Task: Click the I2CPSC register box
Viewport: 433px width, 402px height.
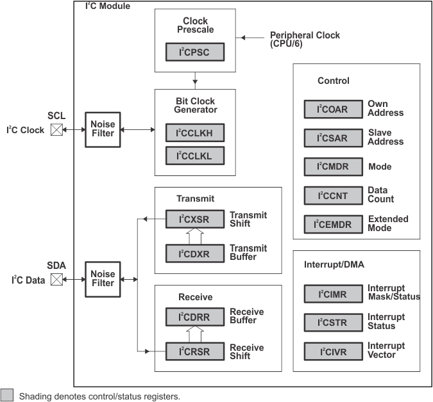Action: coord(195,52)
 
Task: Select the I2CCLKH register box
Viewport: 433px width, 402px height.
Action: coord(195,133)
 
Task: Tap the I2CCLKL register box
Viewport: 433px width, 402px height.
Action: coord(195,156)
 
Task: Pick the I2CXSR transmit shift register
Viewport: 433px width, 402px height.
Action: coord(195,220)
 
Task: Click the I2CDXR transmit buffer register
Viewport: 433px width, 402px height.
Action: coord(195,253)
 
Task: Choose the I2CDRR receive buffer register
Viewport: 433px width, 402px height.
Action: coord(195,316)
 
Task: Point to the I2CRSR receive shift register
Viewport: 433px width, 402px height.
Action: coord(195,351)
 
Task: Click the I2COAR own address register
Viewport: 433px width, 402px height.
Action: coord(332,109)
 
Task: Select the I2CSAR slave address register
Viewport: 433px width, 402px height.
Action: coord(332,138)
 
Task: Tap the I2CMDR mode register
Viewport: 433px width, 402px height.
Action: coord(332,166)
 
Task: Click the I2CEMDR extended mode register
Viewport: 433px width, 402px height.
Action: coord(332,224)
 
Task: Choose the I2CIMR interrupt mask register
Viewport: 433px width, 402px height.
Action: coord(332,294)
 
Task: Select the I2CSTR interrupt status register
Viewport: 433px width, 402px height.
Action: coord(332,323)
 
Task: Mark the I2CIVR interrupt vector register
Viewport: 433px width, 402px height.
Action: coord(332,351)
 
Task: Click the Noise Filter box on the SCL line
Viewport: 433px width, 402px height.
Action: coord(103,129)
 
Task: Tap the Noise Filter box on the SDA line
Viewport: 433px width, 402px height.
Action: coord(103,279)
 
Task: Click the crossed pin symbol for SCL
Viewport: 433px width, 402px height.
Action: coord(57,129)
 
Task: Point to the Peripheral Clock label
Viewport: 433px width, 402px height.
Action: coord(305,39)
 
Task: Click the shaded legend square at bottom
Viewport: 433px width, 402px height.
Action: coord(8,396)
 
